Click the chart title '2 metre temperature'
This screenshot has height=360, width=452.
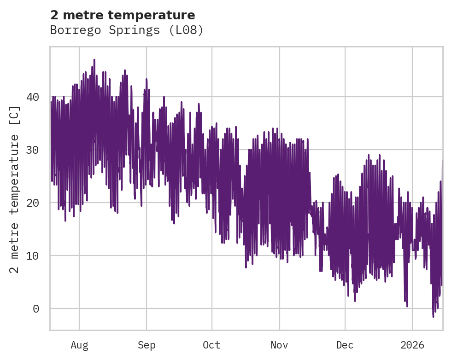(x=123, y=15)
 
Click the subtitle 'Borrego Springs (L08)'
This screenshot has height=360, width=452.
(x=127, y=30)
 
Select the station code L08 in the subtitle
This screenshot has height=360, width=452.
(x=188, y=30)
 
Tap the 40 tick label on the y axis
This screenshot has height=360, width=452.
(x=35, y=97)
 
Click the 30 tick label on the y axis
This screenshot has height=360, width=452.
(x=35, y=150)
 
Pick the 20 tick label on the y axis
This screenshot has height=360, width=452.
(x=35, y=203)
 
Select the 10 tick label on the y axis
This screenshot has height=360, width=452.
(x=35, y=256)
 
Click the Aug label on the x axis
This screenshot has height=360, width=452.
(x=79, y=345)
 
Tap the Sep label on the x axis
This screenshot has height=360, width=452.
(x=147, y=345)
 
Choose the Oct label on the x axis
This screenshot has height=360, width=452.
(x=212, y=345)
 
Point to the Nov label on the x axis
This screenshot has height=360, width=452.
(x=279, y=345)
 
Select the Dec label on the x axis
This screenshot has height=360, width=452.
(x=345, y=345)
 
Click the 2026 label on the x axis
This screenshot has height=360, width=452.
(x=412, y=345)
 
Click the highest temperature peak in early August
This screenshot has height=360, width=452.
(x=94, y=60)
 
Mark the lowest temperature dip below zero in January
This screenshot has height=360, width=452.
(x=433, y=316)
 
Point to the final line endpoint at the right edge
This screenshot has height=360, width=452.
(x=442, y=161)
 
